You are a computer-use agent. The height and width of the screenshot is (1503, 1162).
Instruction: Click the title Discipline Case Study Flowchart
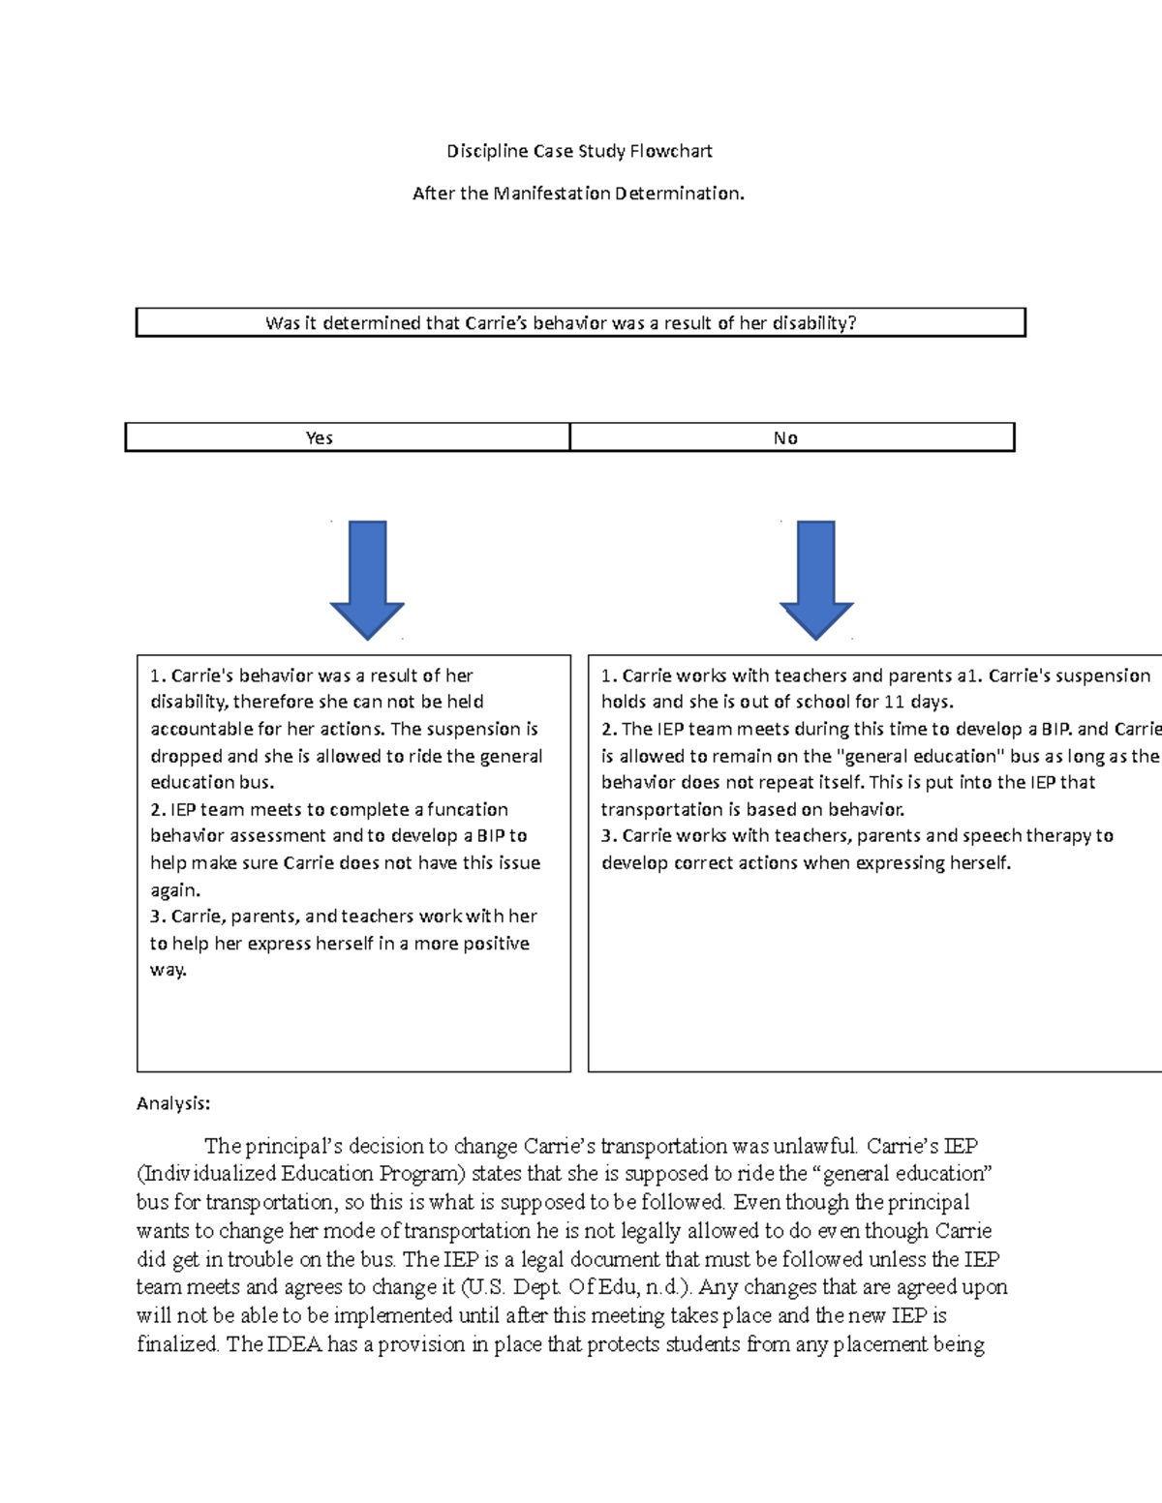579,151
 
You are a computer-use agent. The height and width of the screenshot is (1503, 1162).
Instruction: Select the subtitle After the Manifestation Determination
579,194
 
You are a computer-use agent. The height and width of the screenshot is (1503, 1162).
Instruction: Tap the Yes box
320,438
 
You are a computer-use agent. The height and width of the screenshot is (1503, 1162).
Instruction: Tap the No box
785,438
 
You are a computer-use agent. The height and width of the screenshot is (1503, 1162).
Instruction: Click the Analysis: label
173,1103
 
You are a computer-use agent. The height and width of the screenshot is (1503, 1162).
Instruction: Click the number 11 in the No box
895,702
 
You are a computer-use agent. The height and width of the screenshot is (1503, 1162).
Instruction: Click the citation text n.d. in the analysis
666,1287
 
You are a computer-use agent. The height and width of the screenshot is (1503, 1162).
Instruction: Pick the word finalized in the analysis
178,1344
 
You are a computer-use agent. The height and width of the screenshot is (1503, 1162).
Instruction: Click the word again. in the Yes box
175,890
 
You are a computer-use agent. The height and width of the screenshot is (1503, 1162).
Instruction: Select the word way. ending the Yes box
168,970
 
